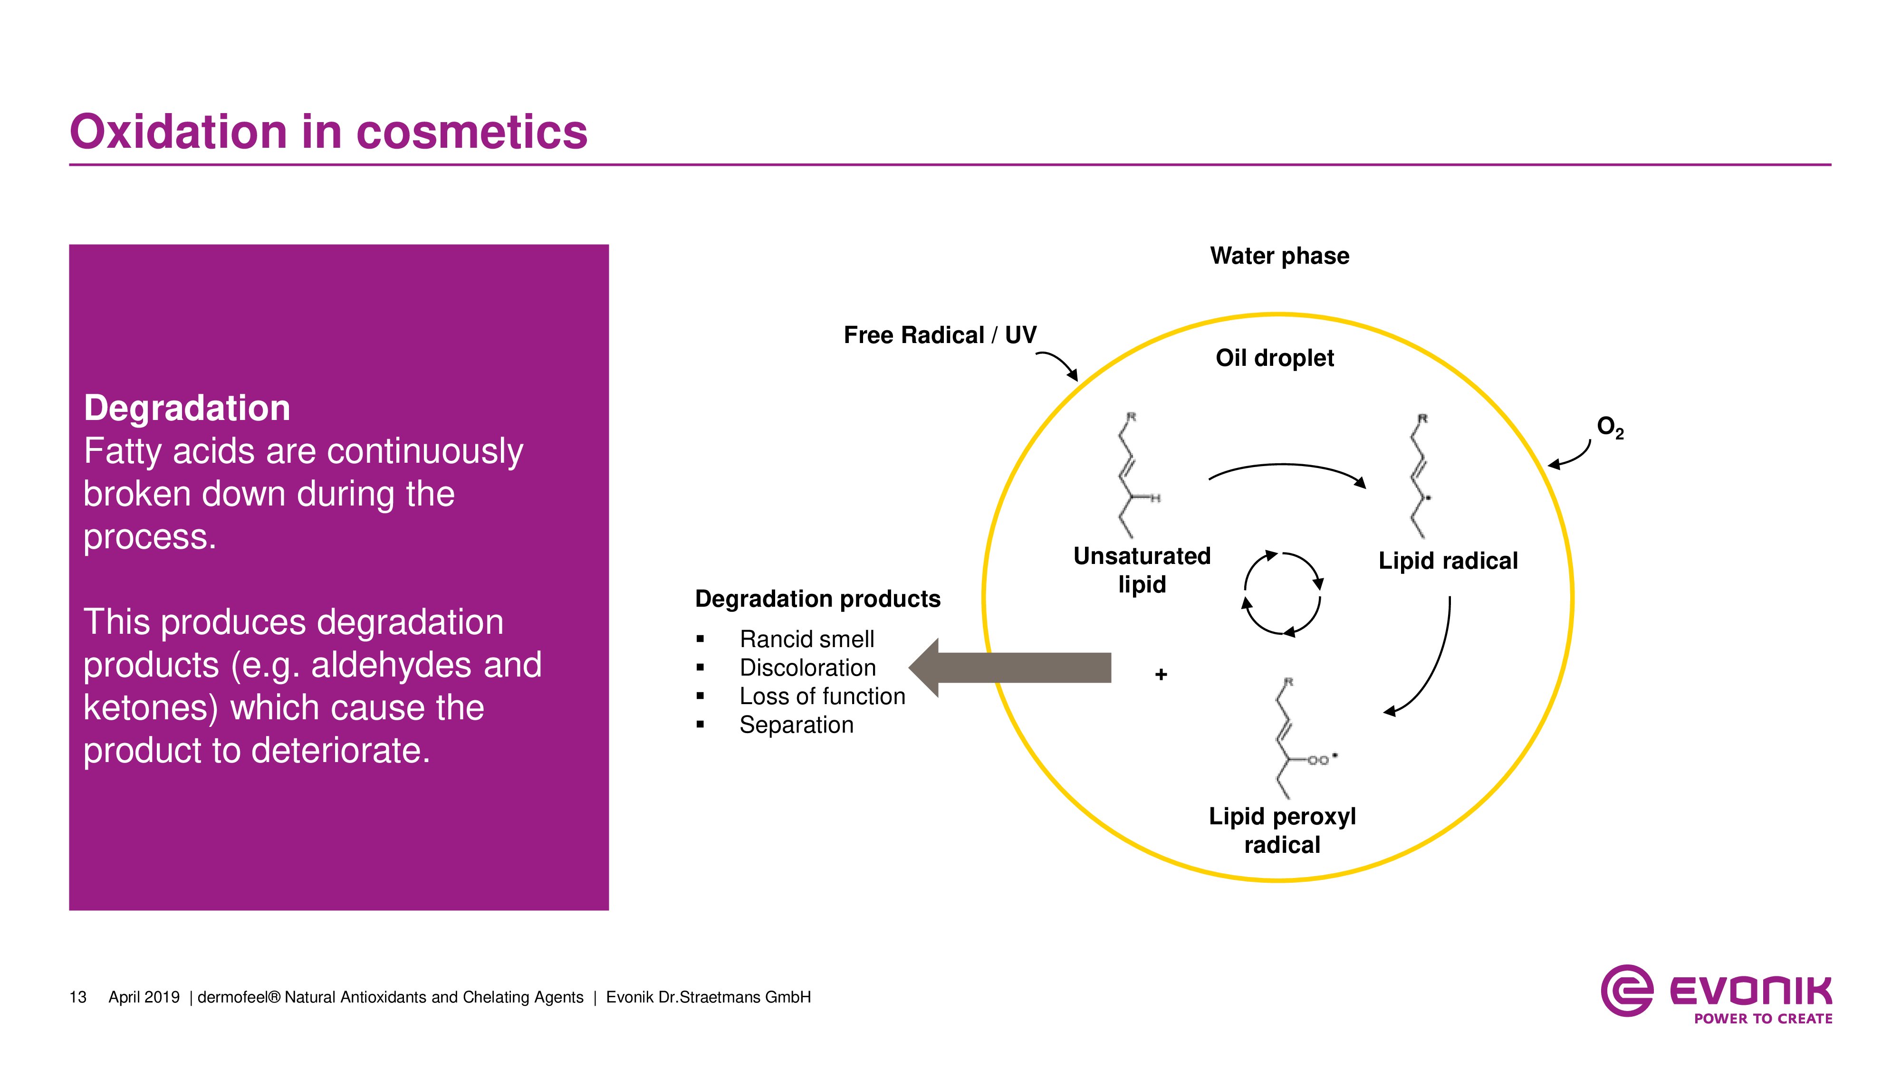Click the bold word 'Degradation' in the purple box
point(187,408)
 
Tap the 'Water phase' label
point(1279,256)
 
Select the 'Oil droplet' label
point(1275,358)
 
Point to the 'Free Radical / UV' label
point(940,335)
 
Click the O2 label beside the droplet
point(1610,427)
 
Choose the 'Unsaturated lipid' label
point(1142,570)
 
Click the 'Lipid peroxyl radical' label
point(1282,830)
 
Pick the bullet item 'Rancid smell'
point(806,639)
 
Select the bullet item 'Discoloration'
point(807,668)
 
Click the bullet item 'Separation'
point(796,725)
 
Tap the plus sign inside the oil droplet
point(1161,674)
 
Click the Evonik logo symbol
point(1626,990)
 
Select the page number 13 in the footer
point(77,997)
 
